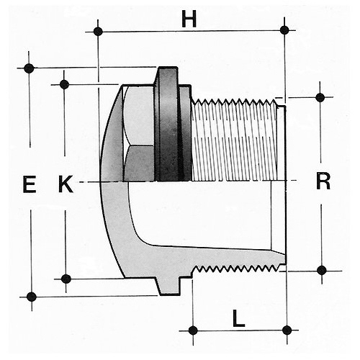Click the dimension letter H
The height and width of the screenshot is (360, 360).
(189, 19)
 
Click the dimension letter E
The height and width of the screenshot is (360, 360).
(30, 184)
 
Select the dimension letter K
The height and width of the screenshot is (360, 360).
(66, 184)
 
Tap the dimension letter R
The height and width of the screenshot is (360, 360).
(323, 181)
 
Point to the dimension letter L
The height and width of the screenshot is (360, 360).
(238, 318)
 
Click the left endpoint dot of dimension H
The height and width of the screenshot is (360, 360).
(98, 32)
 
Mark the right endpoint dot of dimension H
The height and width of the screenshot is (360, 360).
(284, 30)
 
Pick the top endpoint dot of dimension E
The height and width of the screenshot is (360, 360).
(29, 68)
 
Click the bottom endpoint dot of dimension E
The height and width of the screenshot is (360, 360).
(31, 297)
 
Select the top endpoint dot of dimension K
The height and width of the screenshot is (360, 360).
(64, 84)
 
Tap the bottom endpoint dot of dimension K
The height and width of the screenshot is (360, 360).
(66, 279)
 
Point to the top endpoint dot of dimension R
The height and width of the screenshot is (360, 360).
(320, 97)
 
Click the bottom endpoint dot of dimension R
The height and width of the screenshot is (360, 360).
(322, 271)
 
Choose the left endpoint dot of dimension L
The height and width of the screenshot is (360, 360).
(193, 330)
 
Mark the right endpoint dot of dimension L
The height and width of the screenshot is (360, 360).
(287, 330)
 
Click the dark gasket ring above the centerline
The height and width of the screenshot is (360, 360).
(168, 124)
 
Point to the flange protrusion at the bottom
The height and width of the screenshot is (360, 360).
(168, 286)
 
